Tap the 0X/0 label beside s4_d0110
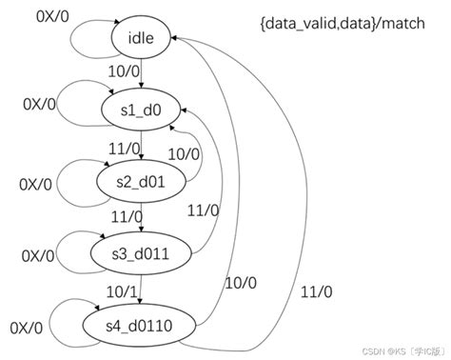pyautogui.click(x=26, y=329)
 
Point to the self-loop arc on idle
pyautogui.click(x=81, y=27)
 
